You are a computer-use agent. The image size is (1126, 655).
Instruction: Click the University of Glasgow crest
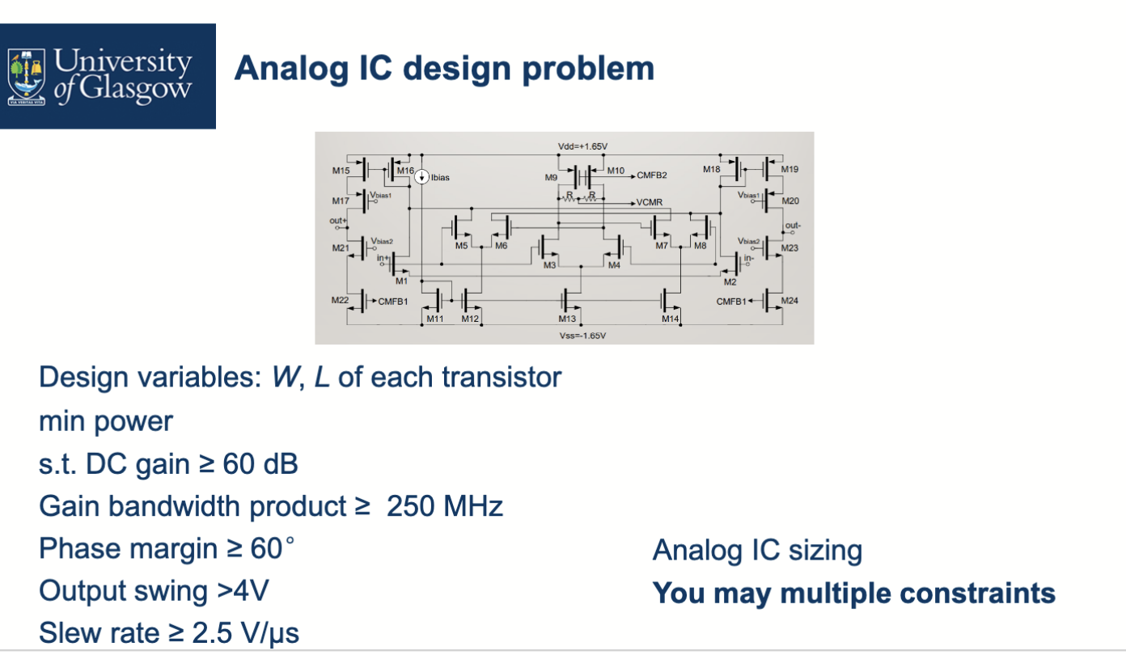pyautogui.click(x=27, y=77)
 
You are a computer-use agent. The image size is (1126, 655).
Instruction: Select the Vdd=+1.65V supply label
pyautogui.click(x=582, y=146)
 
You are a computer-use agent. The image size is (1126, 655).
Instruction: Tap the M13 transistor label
pyautogui.click(x=567, y=319)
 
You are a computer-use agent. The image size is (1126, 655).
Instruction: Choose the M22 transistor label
pyautogui.click(x=340, y=299)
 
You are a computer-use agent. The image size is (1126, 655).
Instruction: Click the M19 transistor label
pyautogui.click(x=789, y=169)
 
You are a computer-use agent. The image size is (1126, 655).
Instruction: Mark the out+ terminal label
pyautogui.click(x=337, y=220)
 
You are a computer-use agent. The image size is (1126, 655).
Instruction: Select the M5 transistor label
pyautogui.click(x=461, y=245)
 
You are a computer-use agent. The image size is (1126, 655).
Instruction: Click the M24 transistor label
pyautogui.click(x=789, y=300)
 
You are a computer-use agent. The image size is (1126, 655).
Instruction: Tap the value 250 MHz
pyautogui.click(x=444, y=507)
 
